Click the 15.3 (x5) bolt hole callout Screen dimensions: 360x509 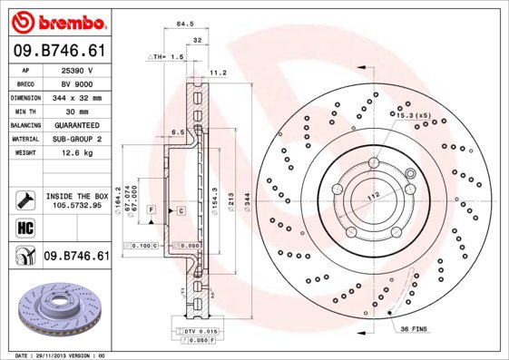click(x=413, y=115)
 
